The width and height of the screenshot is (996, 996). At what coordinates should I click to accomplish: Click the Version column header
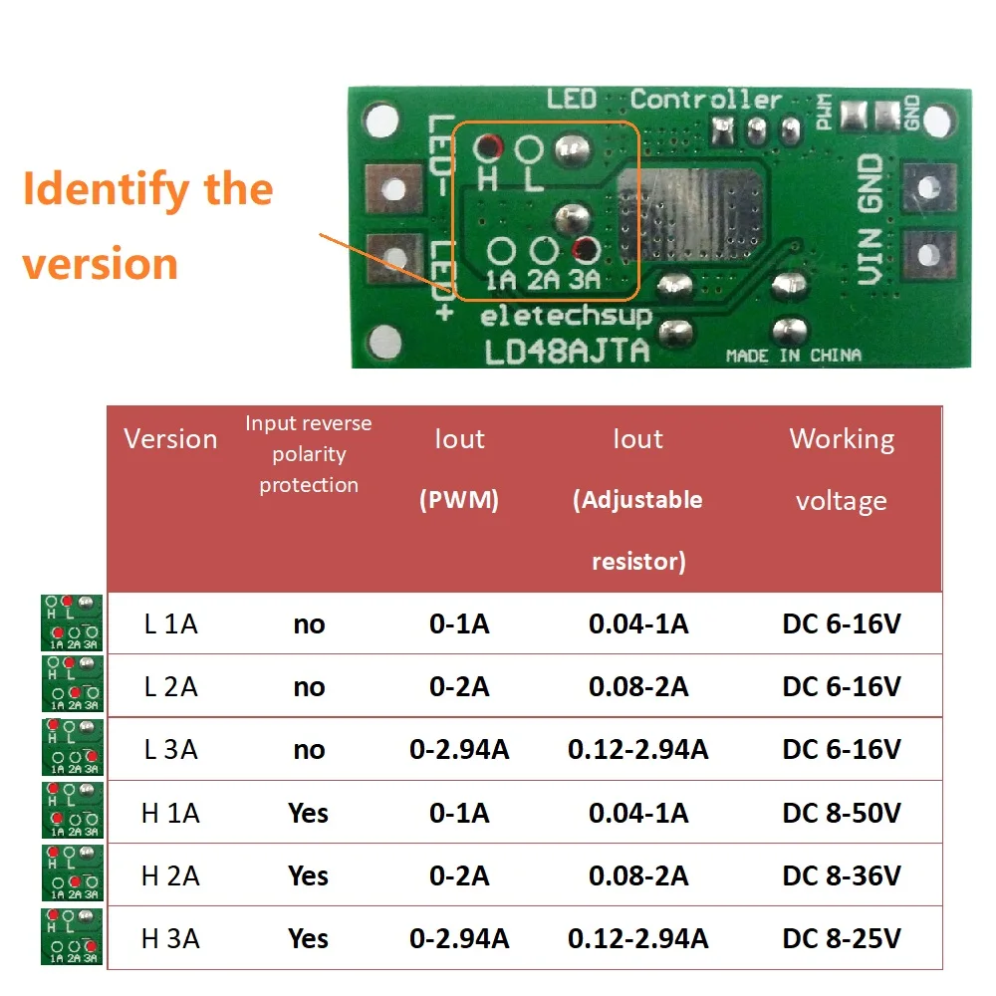(170, 439)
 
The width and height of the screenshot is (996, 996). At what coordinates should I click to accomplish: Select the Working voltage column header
(842, 469)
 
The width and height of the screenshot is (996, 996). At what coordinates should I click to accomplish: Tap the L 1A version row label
(170, 624)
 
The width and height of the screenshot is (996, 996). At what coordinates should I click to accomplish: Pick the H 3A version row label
(170, 938)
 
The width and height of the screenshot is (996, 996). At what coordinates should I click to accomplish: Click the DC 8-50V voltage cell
(842, 814)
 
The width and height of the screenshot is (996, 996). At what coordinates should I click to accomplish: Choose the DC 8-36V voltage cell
(842, 876)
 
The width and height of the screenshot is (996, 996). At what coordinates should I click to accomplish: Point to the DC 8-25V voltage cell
(842, 938)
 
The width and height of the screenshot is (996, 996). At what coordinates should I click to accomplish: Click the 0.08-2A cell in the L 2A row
(637, 687)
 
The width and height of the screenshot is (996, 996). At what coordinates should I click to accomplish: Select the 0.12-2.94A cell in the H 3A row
(637, 938)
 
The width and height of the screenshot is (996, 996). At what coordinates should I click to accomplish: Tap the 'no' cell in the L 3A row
(309, 750)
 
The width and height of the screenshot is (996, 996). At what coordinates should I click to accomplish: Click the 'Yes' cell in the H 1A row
(309, 814)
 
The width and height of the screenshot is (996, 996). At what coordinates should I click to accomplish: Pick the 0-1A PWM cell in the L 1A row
(459, 624)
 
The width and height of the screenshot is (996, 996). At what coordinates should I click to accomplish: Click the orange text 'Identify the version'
(147, 226)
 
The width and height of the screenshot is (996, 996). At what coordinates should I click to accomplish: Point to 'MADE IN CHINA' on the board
(793, 356)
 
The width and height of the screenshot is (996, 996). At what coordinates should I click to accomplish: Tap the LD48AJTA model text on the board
(566, 351)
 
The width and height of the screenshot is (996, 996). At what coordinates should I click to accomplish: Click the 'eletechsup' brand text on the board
(566, 317)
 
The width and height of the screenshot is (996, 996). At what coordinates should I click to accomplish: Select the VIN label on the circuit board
(870, 256)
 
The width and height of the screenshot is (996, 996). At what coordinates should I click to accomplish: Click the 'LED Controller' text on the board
(663, 100)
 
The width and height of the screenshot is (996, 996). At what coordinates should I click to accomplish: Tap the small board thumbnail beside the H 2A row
(72, 873)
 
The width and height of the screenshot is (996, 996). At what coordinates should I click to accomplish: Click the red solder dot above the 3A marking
(585, 249)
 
